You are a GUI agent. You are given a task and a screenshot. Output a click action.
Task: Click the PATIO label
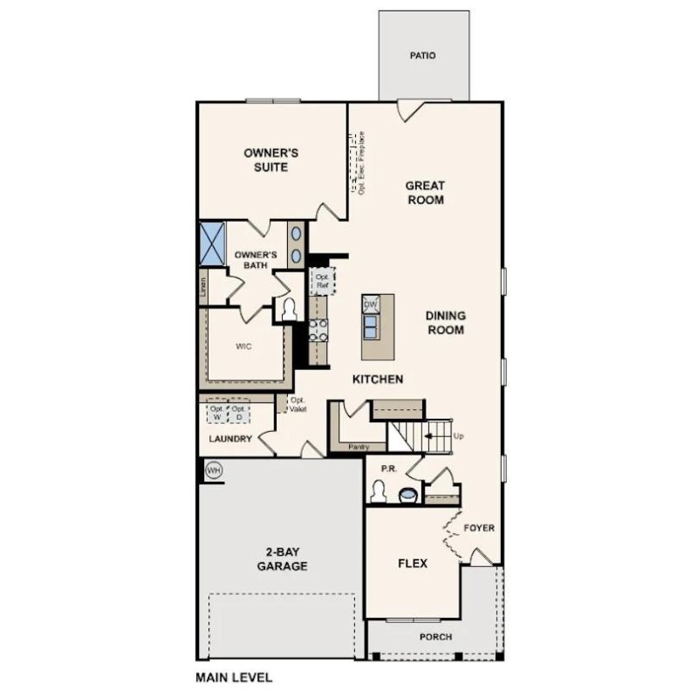coord(423,56)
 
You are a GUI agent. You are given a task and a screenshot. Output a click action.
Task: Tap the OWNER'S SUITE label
coord(271,160)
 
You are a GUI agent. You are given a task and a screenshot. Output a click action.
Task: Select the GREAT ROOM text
coord(425,192)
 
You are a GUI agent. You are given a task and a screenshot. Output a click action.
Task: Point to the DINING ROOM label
coord(445,323)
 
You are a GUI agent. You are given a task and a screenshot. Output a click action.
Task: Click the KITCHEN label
coord(377,380)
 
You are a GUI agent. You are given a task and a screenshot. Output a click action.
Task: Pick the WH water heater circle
coord(213,470)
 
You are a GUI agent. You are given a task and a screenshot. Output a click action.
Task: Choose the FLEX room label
coord(413,564)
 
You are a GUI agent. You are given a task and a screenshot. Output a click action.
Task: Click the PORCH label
coord(435,637)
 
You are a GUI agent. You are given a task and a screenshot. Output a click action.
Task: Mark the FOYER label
coord(479,528)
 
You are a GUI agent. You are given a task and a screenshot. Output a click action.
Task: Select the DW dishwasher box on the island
coord(370,305)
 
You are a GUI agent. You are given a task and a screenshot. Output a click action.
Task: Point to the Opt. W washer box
coord(216,411)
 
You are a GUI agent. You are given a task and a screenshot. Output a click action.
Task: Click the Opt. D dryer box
coord(238,411)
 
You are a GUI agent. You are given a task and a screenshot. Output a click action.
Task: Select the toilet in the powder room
coord(378,491)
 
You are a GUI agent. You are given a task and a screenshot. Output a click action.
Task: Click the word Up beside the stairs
coord(459,434)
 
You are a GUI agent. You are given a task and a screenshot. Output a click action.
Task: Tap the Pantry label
coord(358,447)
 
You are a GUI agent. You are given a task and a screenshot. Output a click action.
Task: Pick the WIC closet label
coord(244,346)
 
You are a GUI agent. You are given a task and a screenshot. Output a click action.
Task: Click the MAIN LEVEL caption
coord(234,676)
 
